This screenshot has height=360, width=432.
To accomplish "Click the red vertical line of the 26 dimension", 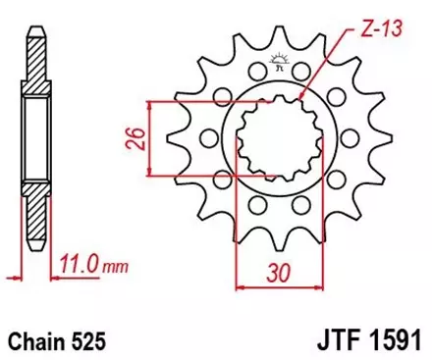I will coord(148,137).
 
